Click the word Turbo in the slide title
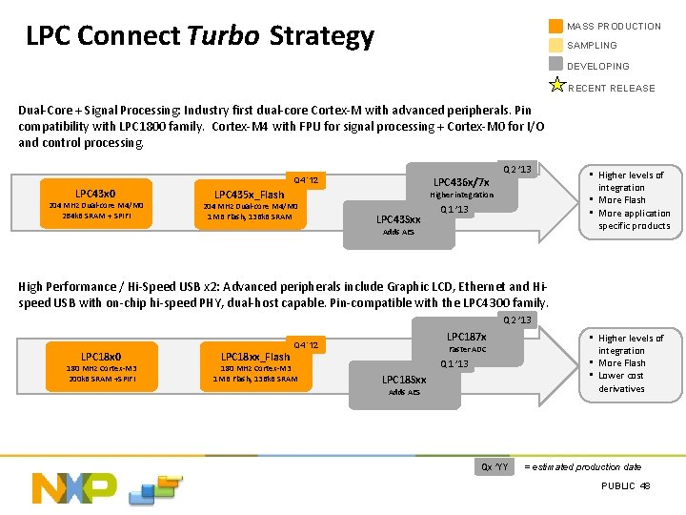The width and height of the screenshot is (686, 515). pyautogui.click(x=223, y=36)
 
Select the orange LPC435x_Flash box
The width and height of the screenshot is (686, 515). pyautogui.click(x=249, y=205)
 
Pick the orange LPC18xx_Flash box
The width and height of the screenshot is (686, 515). pyautogui.click(x=254, y=367)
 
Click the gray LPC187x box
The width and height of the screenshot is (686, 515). pyautogui.click(x=466, y=343)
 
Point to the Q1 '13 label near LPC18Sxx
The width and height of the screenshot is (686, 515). pyautogui.click(x=454, y=364)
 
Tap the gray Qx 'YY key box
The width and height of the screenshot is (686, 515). pyautogui.click(x=495, y=466)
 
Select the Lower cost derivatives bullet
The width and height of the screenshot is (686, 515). pyautogui.click(x=621, y=381)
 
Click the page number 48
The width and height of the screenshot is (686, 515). pyautogui.click(x=645, y=486)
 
